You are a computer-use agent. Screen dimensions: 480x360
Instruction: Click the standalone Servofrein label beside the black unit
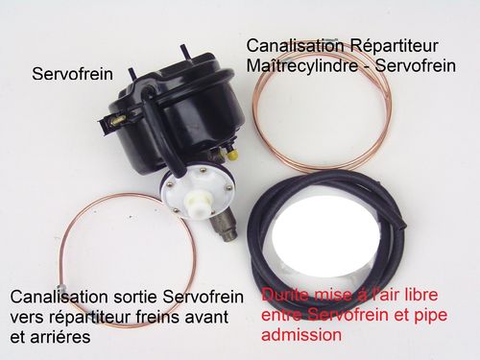pos(72,74)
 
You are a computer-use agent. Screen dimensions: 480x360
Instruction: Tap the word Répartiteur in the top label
pos(394,46)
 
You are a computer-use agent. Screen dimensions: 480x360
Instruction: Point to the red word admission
pos(301,335)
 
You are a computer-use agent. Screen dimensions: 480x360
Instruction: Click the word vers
pos(27,317)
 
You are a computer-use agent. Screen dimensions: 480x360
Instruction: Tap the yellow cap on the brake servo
pos(232,155)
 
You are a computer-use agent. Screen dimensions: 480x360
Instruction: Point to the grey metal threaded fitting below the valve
pos(224,226)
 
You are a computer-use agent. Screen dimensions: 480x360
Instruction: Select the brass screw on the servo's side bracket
pos(118,120)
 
